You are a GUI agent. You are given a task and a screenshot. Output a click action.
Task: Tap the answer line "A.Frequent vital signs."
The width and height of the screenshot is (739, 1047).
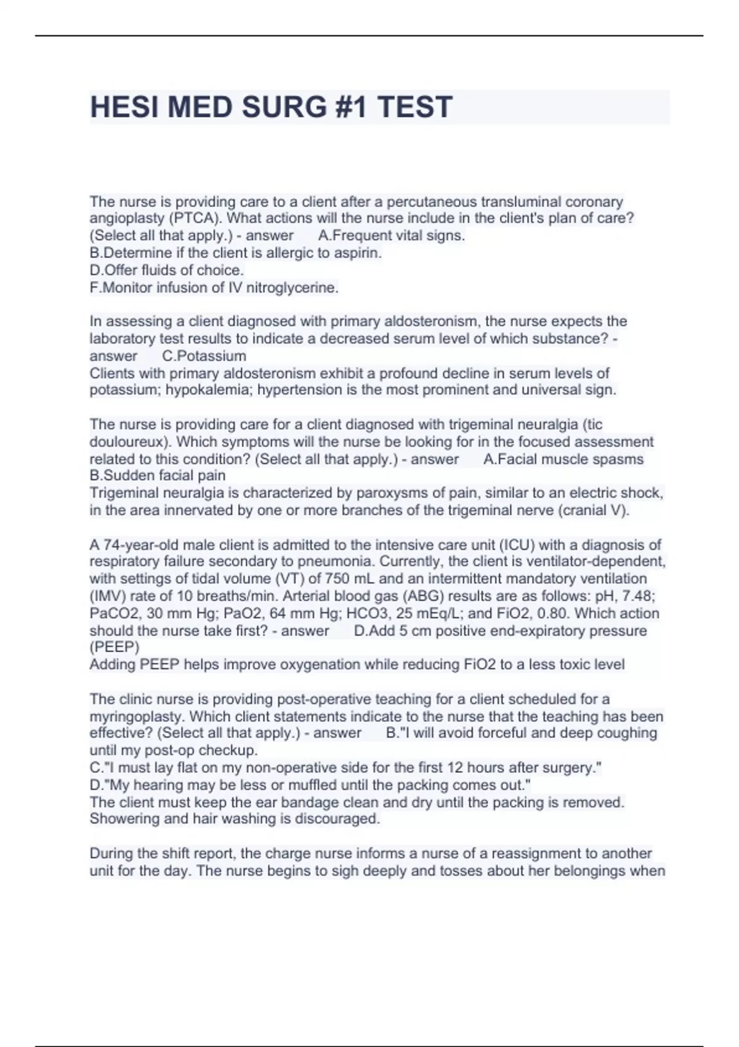click(392, 236)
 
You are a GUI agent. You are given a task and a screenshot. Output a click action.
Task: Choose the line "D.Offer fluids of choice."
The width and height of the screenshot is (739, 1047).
click(167, 270)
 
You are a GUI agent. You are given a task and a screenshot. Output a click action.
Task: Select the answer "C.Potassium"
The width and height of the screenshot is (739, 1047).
click(204, 356)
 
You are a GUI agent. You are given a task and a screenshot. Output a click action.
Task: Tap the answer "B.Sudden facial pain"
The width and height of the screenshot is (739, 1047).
click(158, 475)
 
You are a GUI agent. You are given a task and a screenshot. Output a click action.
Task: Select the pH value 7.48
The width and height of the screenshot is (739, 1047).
click(640, 596)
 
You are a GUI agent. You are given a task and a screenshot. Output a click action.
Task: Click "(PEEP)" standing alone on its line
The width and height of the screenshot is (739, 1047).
click(115, 647)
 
